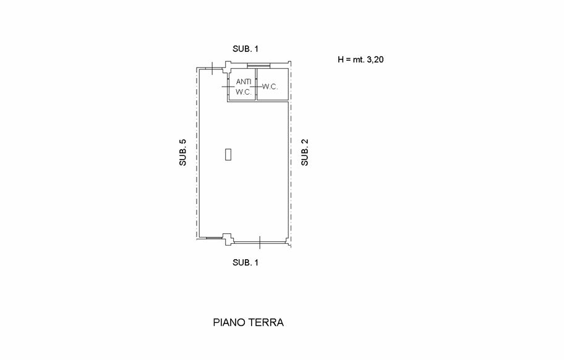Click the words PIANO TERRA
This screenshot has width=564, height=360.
pos(248,322)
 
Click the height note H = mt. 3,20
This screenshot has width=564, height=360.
pos(362,60)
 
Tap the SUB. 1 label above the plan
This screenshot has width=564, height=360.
pos(245,49)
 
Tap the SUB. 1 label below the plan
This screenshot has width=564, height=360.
pos(245,262)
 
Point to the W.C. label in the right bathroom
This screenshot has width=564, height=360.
pos(270,87)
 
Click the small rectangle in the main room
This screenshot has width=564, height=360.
pos(228,155)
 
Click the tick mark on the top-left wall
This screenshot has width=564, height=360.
pos(212,67)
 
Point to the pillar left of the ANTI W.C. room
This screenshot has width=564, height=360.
pos(228,65)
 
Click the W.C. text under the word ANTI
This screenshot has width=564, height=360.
pos(242,92)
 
